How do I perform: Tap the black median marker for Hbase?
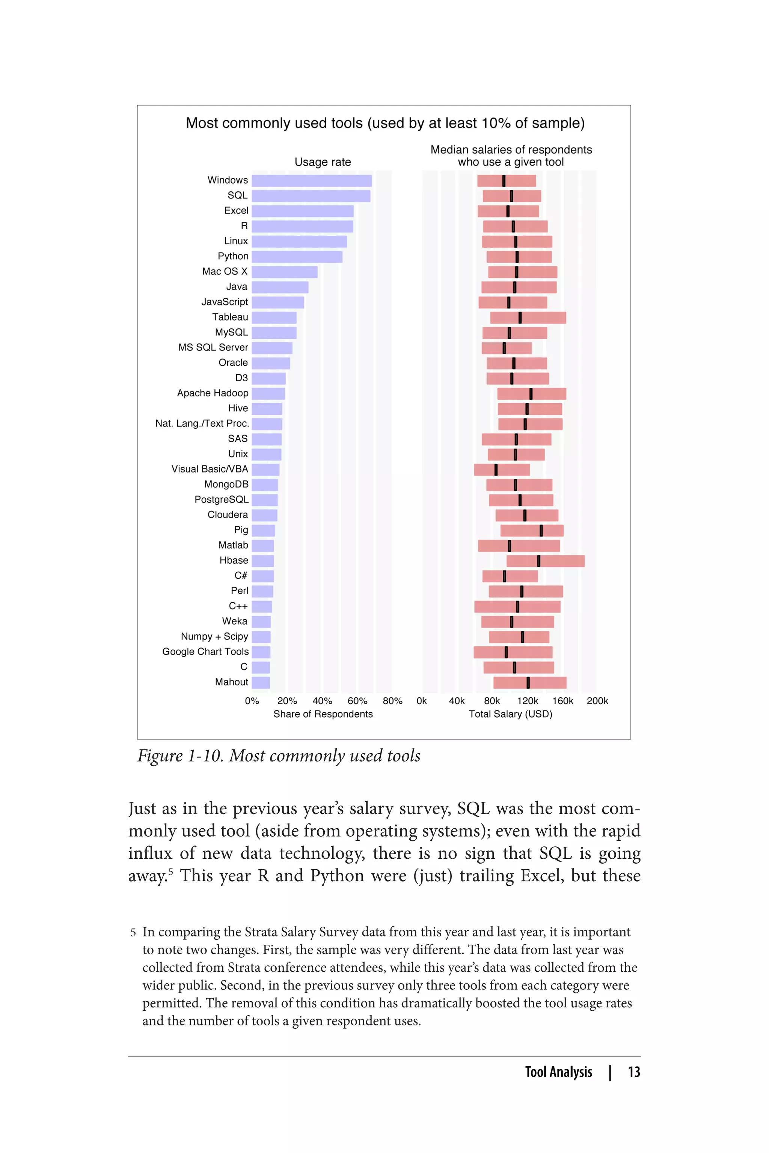[x=538, y=561]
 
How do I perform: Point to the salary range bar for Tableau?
[x=528, y=318]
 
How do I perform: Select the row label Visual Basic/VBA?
[x=210, y=469]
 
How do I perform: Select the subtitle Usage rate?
[x=323, y=162]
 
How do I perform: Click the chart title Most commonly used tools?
[x=385, y=123]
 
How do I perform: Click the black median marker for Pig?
[x=541, y=530]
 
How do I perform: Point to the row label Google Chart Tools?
[x=205, y=652]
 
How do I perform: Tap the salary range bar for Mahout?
[x=530, y=682]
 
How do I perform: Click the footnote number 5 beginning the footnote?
[x=133, y=932]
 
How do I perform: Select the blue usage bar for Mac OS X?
[x=285, y=272]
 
